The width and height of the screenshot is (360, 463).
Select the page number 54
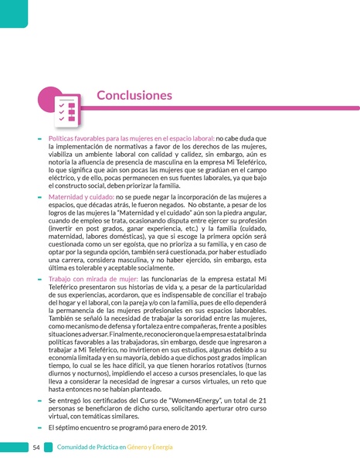pos(37,448)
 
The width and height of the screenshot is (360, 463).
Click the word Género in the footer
pos(140,448)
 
